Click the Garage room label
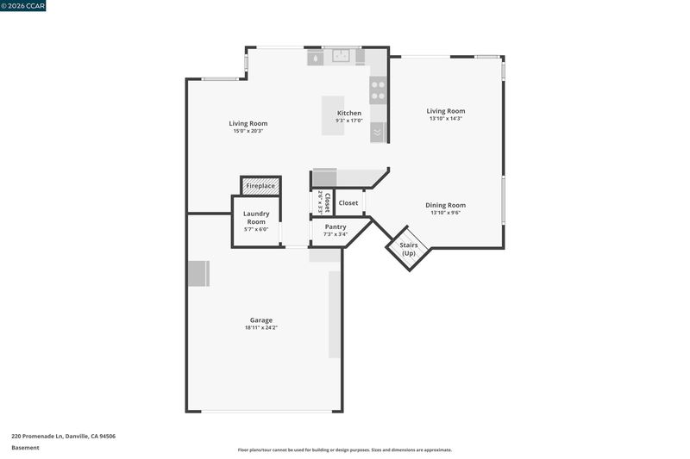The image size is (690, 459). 261,320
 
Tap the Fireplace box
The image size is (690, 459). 260,186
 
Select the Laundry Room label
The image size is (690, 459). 256,217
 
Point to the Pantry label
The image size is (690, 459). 336,226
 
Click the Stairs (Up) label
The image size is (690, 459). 408,249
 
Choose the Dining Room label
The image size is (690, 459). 445,205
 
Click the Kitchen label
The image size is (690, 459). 349,113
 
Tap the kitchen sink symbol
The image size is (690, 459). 341,56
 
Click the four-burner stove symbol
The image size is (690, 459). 378,90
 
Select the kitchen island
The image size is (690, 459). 333,115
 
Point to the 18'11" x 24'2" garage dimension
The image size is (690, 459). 261,327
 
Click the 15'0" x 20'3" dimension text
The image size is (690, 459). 248,131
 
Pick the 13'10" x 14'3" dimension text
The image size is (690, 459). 446,119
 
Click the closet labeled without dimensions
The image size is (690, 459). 348,203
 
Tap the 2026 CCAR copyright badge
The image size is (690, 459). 23,6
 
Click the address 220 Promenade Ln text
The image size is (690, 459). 38,436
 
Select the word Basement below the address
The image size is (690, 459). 25,448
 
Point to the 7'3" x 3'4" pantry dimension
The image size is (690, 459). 336,234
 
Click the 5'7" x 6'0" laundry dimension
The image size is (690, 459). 256,229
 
